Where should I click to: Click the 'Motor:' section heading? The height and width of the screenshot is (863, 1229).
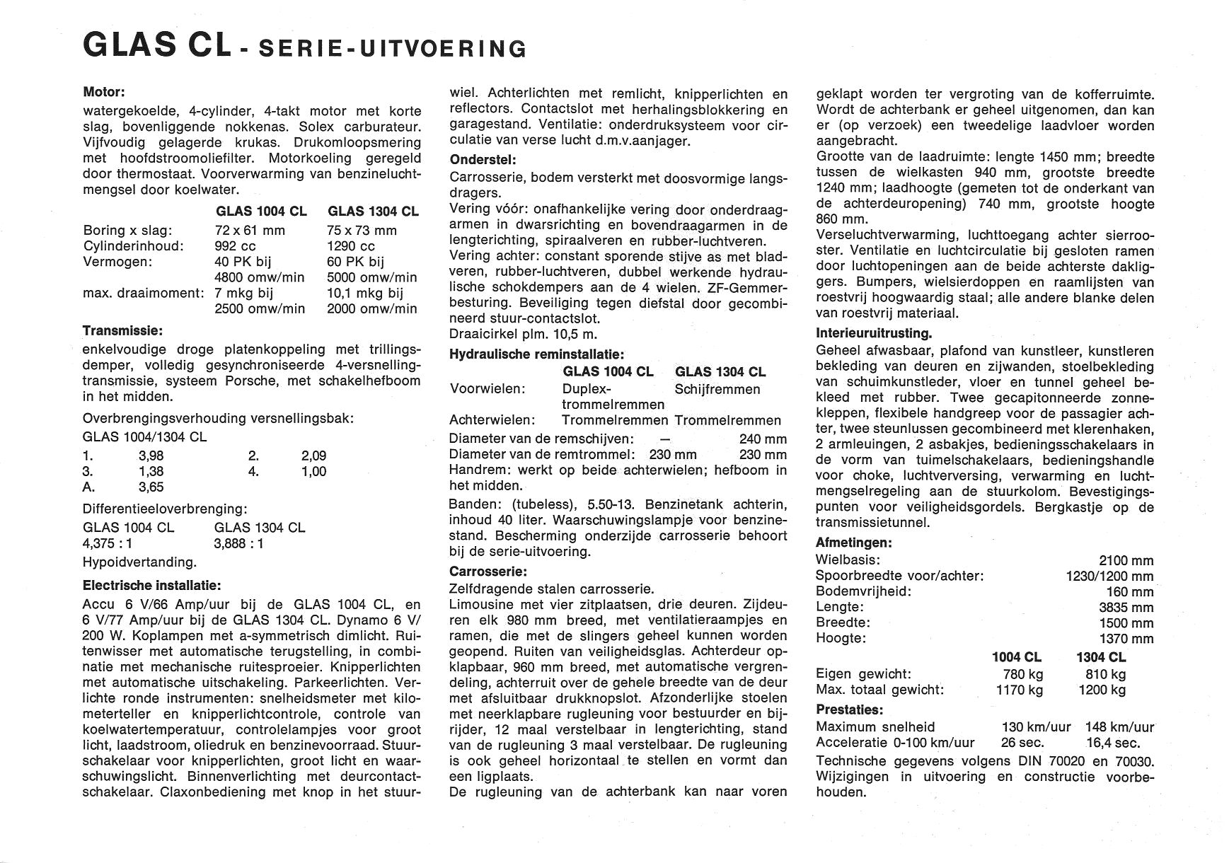point(104,92)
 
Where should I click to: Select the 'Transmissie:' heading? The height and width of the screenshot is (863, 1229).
point(122,330)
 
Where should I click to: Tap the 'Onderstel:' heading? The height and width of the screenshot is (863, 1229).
point(483,160)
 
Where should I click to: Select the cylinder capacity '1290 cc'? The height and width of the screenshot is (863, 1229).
point(351,246)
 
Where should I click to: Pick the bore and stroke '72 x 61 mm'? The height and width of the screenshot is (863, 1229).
point(250,231)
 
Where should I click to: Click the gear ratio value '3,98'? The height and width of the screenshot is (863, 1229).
point(151,456)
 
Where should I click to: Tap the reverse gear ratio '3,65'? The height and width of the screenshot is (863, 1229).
point(151,487)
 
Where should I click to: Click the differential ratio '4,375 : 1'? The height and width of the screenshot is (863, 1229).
point(108,543)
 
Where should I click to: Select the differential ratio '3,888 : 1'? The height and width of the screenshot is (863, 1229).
point(239,543)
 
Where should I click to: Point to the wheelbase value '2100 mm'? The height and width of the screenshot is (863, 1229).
point(1126,560)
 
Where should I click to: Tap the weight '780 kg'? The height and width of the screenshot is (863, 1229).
point(1023,674)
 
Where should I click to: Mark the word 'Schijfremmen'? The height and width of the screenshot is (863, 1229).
point(717,389)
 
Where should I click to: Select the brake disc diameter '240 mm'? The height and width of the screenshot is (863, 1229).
point(763,439)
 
